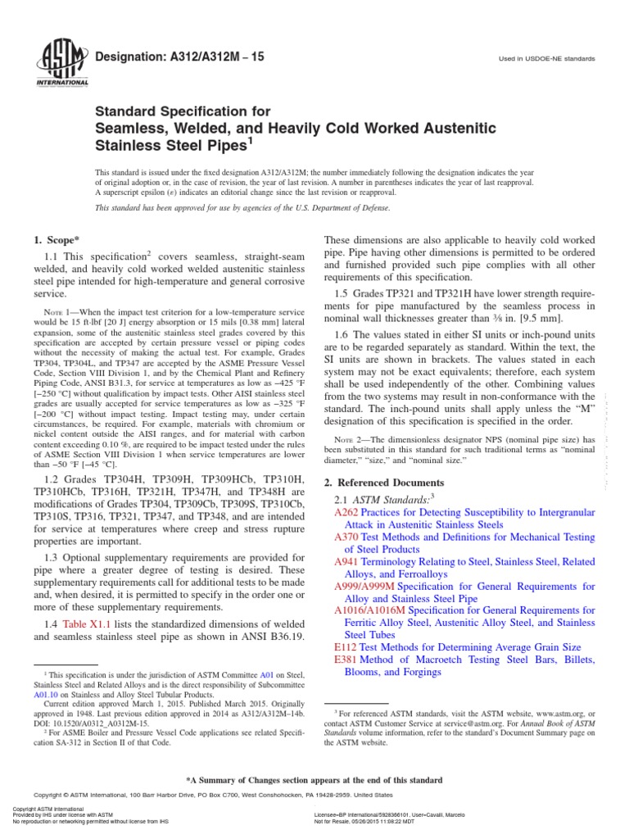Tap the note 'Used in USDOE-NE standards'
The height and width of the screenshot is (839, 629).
545,59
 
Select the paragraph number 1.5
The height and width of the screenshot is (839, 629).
342,293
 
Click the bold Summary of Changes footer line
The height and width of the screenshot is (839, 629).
314,780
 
